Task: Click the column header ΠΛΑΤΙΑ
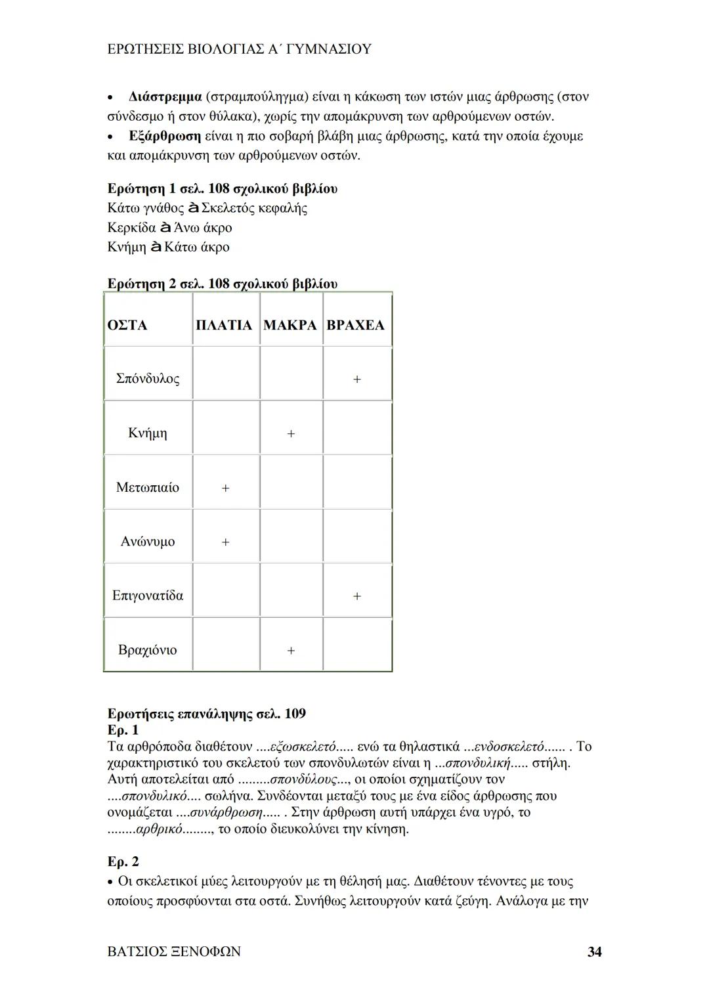pos(224,326)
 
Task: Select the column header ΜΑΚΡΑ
pos(290,326)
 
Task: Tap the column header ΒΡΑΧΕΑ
pos(355,326)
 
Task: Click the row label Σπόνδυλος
pos(147,379)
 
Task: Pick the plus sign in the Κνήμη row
pos(291,434)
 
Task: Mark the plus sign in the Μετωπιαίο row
pos(225,489)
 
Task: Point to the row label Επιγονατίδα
pos(148,596)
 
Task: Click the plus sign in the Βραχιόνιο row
pos(291,651)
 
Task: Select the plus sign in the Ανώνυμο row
pos(225,542)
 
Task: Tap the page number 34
pos(594,951)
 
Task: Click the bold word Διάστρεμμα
pos(165,97)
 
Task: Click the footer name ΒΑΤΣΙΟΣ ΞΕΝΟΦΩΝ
pos(174,951)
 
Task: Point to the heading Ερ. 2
pos(123,861)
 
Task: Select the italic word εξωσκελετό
pos(303,747)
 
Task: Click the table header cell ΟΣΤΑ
pos(127,326)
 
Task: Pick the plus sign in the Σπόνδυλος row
pos(356,380)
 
